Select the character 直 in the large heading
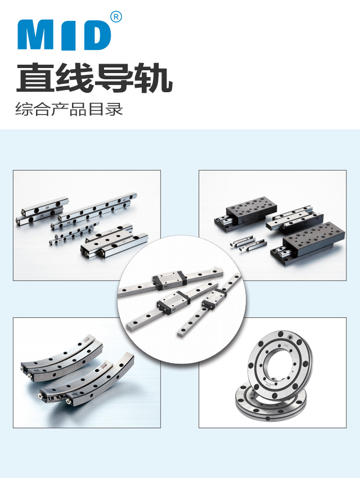(34, 78)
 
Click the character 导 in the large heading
(113, 78)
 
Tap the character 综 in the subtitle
(24, 109)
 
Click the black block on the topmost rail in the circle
(169, 279)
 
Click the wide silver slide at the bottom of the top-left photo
(114, 245)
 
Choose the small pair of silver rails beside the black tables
(249, 244)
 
